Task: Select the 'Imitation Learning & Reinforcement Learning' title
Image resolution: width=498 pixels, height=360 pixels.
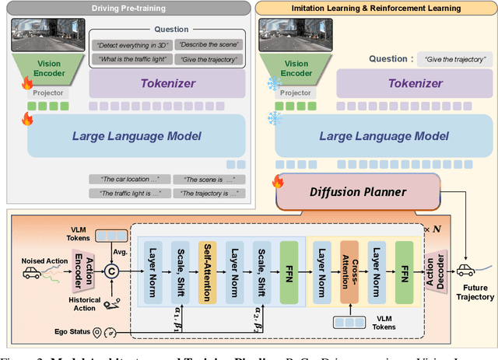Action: (x=377, y=9)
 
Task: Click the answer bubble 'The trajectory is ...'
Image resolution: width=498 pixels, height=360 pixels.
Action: (x=208, y=193)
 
